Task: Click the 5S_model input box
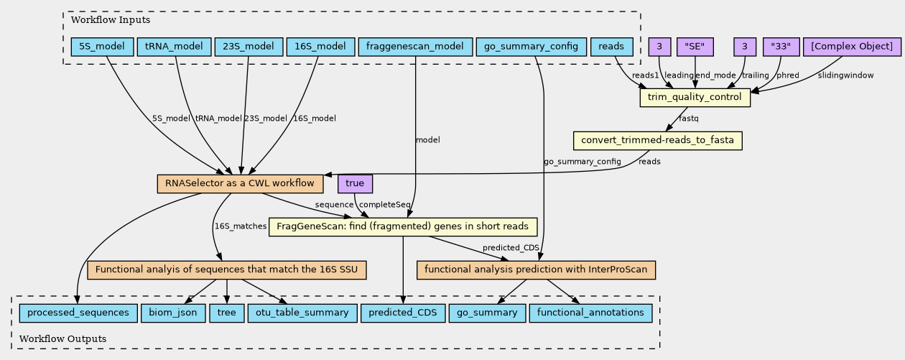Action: coord(96,47)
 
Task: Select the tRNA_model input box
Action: coord(174,47)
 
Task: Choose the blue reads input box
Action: coord(611,47)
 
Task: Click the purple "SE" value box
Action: coord(695,47)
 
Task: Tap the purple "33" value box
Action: coord(781,47)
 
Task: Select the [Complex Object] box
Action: coord(851,47)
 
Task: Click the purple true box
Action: coord(355,184)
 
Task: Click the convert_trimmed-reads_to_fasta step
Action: coord(657,141)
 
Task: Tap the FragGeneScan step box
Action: coord(403,228)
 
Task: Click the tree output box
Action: coord(226,313)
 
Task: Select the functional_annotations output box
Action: coord(590,313)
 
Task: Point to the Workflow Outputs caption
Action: coord(63,338)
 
